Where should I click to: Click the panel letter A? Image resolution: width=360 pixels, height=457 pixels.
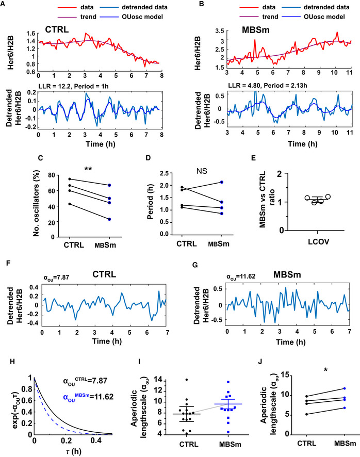(4, 5)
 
